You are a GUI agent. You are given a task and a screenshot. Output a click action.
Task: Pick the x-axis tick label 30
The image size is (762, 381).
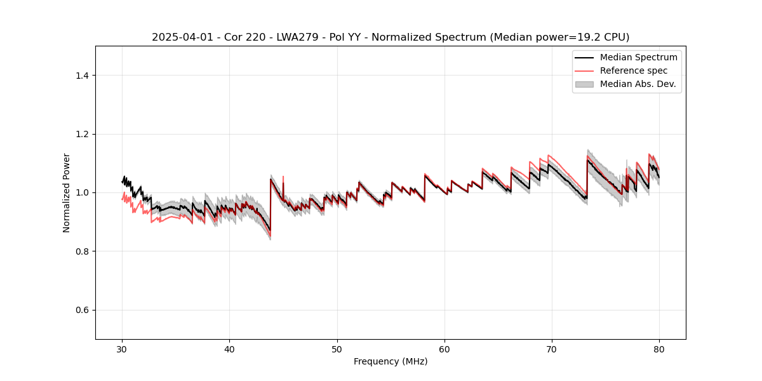point(122,349)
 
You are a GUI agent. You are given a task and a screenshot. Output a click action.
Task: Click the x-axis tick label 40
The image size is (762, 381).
point(229,349)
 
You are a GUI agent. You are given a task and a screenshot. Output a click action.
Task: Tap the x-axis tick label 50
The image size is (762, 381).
point(337,349)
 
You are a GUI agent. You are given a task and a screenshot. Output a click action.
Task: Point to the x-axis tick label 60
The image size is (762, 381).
point(444,349)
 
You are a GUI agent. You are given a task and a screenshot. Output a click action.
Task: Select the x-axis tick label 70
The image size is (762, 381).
point(552,349)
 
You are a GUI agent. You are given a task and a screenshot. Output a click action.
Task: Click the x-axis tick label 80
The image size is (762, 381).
point(659,349)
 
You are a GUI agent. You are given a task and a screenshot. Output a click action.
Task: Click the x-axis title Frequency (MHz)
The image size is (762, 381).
point(391,361)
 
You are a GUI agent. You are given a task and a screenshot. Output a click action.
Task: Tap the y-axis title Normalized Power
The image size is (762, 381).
point(67,192)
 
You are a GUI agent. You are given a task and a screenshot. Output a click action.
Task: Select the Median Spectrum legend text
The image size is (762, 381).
point(638,57)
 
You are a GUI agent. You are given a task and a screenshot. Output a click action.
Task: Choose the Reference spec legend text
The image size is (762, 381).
point(634,70)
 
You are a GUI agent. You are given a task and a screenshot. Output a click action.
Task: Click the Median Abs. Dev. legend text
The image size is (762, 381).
point(638,84)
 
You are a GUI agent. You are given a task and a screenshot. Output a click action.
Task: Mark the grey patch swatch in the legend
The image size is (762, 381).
point(584,84)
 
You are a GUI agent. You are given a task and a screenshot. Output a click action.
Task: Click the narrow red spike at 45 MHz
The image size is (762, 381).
point(283,177)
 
